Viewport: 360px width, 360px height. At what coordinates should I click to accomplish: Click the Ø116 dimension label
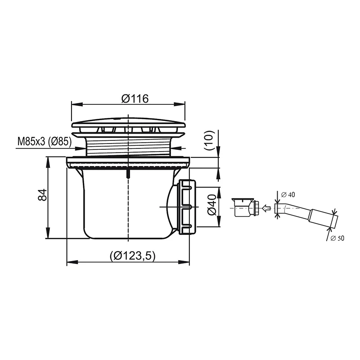coord(135,99)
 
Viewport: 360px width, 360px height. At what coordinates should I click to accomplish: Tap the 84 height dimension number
coord(42,195)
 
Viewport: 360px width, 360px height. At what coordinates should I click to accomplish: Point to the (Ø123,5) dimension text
coord(132,256)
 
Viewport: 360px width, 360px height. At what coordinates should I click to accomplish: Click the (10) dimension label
coord(209,140)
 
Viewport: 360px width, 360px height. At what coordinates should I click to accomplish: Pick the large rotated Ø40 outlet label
coord(211,205)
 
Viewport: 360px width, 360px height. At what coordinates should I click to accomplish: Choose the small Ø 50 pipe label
coord(337,238)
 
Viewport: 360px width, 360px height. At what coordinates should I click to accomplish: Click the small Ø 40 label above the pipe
coord(288,195)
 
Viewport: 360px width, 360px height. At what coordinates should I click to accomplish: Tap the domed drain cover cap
coord(129,124)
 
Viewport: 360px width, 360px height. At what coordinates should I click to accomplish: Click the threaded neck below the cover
coord(129,145)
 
